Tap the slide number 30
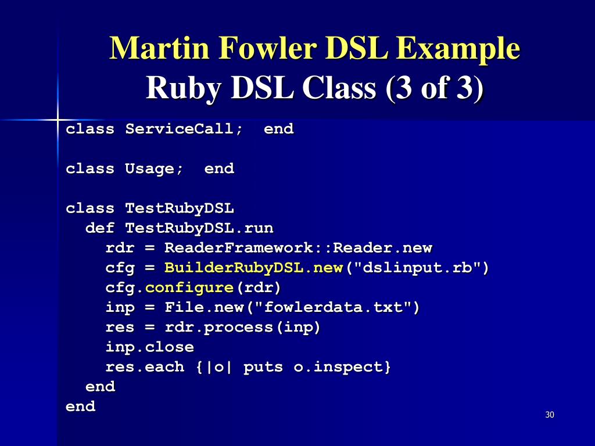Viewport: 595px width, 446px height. (x=550, y=415)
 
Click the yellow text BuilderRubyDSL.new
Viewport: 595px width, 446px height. (x=253, y=268)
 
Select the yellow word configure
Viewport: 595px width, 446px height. (x=189, y=288)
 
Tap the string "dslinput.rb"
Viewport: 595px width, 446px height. (x=417, y=268)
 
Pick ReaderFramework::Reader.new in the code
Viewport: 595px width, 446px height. (x=298, y=248)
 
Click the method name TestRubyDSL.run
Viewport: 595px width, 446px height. (x=199, y=228)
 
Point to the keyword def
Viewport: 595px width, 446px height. (x=100, y=228)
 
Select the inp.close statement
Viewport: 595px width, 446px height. (x=149, y=347)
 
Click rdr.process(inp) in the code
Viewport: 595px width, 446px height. (x=243, y=328)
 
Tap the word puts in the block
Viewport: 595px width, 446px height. (x=263, y=367)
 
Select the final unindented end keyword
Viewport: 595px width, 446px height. (x=80, y=407)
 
